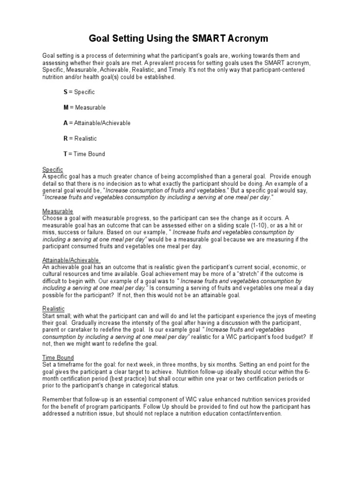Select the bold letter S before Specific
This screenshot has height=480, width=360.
click(x=66, y=92)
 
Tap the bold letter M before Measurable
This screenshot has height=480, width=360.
click(x=66, y=108)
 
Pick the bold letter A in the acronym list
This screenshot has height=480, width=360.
click(x=66, y=123)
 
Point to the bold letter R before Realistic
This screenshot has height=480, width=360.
click(x=66, y=139)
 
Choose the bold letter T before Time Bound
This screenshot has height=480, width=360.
click(x=66, y=154)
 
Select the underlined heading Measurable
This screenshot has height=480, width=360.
click(x=58, y=211)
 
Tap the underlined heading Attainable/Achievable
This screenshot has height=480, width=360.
click(x=71, y=260)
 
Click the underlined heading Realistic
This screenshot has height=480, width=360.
click(x=53, y=308)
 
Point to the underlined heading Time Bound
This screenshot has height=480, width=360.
click(x=58, y=358)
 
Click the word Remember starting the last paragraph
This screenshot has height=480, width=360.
click(x=58, y=400)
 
